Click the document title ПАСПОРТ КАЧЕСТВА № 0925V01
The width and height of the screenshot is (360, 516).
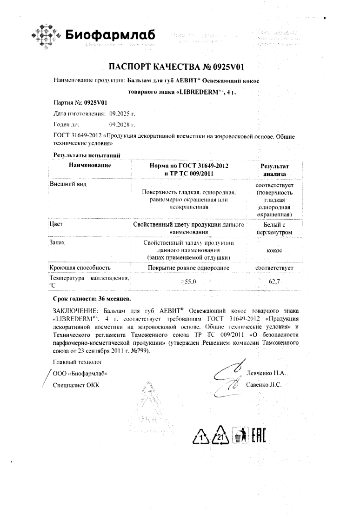click(180, 66)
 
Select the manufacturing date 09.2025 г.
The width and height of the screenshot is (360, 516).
click(122, 113)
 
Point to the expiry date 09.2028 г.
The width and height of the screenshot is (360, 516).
click(122, 125)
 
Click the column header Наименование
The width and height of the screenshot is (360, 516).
click(90, 166)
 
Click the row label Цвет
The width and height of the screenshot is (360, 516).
click(56, 224)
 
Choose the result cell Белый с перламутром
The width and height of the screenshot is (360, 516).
click(274, 228)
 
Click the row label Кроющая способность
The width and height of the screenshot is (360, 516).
click(80, 268)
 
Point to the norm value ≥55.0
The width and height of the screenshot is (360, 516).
click(189, 281)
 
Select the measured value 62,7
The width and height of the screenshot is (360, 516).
click(273, 281)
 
